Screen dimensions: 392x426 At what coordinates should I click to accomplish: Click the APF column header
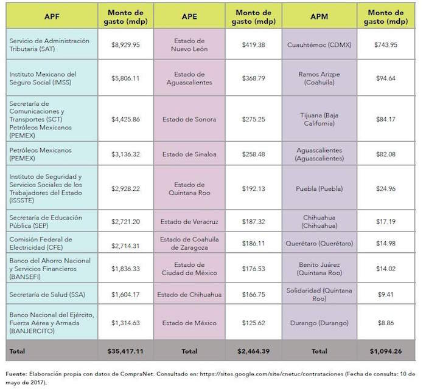51,17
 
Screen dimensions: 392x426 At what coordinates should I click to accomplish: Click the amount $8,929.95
126,44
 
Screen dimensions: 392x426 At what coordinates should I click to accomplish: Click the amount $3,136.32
126,154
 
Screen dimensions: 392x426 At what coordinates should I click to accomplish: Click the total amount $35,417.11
126,351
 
